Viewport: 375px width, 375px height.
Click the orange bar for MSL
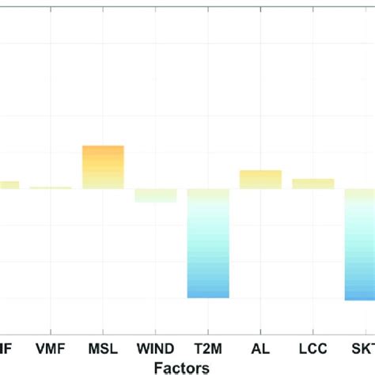pyautogui.click(x=104, y=167)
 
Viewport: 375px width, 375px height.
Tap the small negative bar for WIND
pyautogui.click(x=156, y=195)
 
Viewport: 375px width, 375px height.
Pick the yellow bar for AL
pyautogui.click(x=260, y=180)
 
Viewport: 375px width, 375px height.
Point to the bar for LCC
pyautogui.click(x=312, y=184)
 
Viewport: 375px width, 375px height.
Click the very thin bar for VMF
pyautogui.click(x=51, y=187)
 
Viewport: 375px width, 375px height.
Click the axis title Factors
pyautogui.click(x=182, y=367)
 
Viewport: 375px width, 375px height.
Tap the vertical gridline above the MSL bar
pyautogui.click(x=104, y=79)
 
